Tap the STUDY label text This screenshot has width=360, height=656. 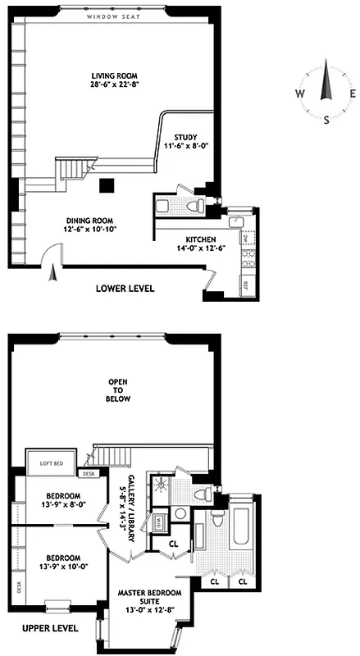pyautogui.click(x=185, y=137)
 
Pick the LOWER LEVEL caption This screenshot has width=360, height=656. pyautogui.click(x=125, y=289)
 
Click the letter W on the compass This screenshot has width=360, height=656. pyautogui.click(x=301, y=93)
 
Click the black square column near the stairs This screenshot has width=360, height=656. pyautogui.click(x=106, y=185)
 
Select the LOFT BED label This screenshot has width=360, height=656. pyautogui.click(x=52, y=464)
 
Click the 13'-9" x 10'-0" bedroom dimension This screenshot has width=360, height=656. pyautogui.click(x=62, y=566)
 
